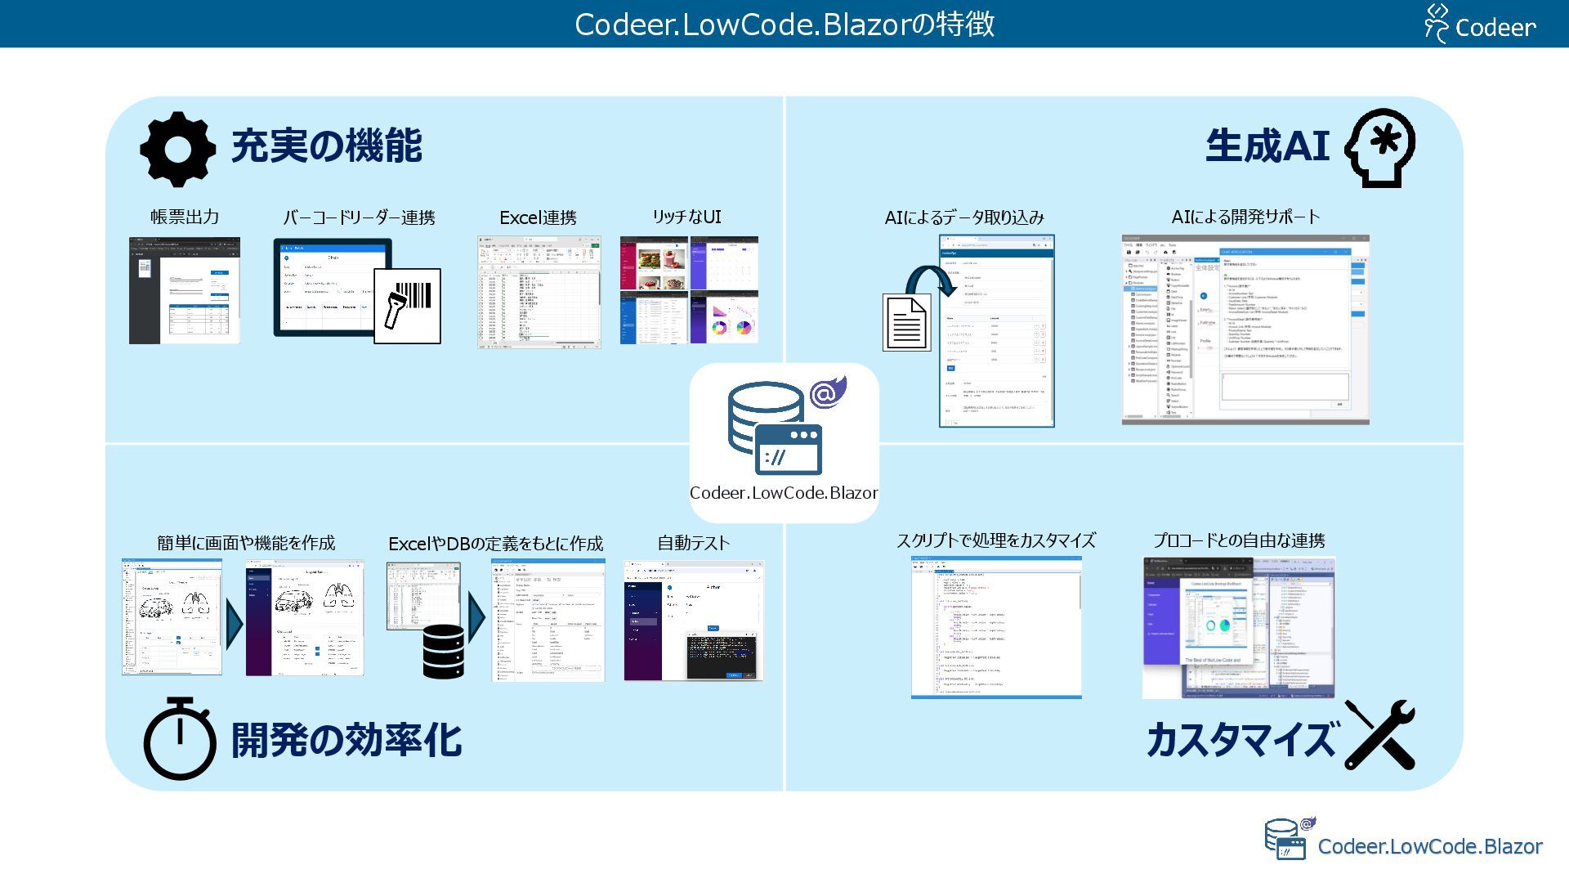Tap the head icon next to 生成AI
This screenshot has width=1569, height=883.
coord(1380,148)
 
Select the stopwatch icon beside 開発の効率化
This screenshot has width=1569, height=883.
coord(180,739)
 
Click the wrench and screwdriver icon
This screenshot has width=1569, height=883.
coord(1379,735)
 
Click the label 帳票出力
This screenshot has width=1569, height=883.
coord(185,217)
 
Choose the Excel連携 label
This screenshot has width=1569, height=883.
coord(538,217)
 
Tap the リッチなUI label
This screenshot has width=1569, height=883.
coord(686,217)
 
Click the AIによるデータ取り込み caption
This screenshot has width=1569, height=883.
coord(964,217)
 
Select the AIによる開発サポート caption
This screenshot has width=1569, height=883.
coord(1245,217)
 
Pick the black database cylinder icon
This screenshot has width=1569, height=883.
coord(444,652)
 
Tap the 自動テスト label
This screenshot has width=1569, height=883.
coord(693,543)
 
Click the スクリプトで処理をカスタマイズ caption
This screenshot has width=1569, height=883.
coord(995,540)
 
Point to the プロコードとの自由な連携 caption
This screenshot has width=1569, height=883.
coord(1239,540)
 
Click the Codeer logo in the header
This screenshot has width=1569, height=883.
coord(1480,24)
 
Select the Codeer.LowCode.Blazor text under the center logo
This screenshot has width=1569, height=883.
coord(784,493)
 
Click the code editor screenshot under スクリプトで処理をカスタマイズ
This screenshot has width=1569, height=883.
coord(996,627)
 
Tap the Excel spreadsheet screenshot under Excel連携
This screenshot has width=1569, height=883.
coord(539,293)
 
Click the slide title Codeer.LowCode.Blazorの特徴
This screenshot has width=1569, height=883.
coord(784,24)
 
